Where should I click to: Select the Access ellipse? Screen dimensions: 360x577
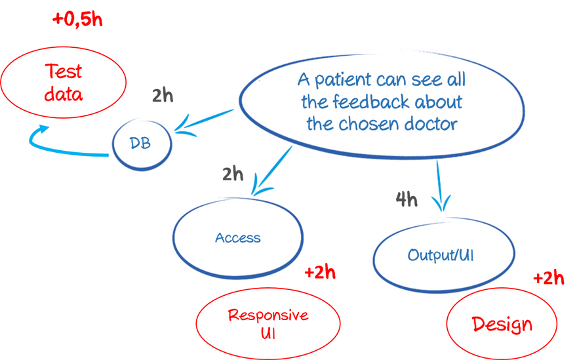pos(237,237)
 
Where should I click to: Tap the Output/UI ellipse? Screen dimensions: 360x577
pos(439,254)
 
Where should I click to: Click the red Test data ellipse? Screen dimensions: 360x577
pos(64,81)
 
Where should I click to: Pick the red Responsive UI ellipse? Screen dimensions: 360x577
pos(268,323)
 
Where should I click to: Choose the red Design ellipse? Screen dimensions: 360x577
pos(502,323)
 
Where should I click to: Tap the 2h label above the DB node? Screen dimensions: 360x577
pos(163,96)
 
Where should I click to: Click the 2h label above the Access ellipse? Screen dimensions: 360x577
pos(232,174)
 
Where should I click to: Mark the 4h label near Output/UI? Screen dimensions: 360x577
pos(407,199)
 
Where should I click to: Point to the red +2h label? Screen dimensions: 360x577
pos(320,273)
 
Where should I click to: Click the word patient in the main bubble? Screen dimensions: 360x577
pos(342,80)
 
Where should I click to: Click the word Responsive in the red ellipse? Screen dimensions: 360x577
pos(268,315)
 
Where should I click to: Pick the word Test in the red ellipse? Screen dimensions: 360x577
pos(64,70)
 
